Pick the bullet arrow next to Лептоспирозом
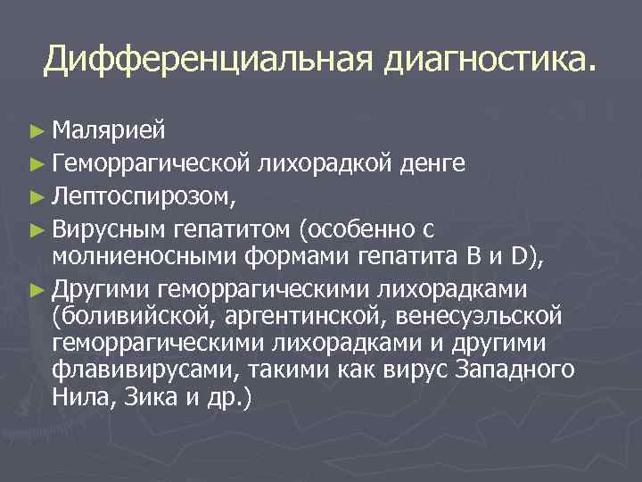coord(36,195)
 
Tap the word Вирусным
coord(109,229)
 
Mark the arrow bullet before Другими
coord(36,290)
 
